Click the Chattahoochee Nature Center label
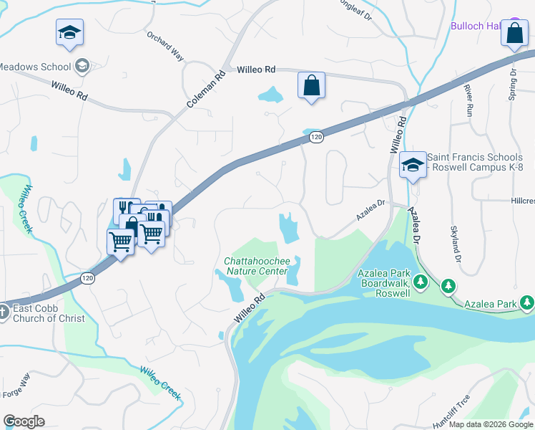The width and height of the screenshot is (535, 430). [256, 266]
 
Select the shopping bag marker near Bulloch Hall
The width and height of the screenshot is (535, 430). [514, 33]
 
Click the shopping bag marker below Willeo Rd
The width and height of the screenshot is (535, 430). [311, 86]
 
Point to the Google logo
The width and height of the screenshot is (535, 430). [24, 421]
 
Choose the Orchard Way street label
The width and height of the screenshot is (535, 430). [165, 46]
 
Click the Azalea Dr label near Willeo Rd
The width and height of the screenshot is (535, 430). [370, 209]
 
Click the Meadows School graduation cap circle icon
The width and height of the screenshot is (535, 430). [82, 67]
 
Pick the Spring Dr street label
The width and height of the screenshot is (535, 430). [513, 85]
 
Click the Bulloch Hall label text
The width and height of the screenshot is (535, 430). [473, 27]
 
